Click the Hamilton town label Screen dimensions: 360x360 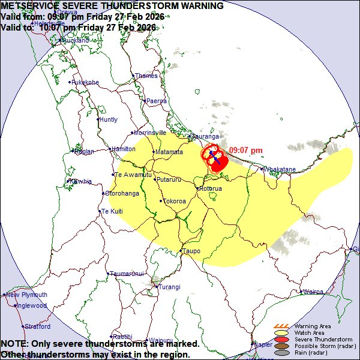point(124,149)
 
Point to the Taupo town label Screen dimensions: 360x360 point(192,251)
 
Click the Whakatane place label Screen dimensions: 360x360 point(280,170)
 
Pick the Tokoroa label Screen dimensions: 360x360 point(175,201)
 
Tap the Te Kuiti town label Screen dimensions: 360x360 point(112,211)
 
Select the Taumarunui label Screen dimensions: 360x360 point(128,274)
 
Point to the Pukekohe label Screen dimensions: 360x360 point(86,82)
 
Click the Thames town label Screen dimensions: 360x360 point(146,76)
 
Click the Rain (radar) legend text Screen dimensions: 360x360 point(311,352)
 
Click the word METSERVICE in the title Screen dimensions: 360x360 point(30,6)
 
